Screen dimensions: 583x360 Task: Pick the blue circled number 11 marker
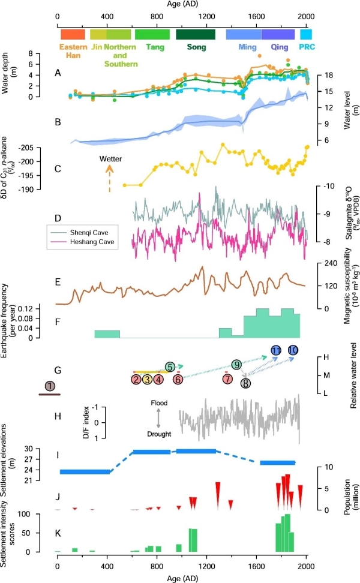click(277, 350)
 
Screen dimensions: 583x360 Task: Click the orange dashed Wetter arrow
click(109, 179)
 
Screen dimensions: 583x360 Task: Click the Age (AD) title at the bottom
click(181, 576)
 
